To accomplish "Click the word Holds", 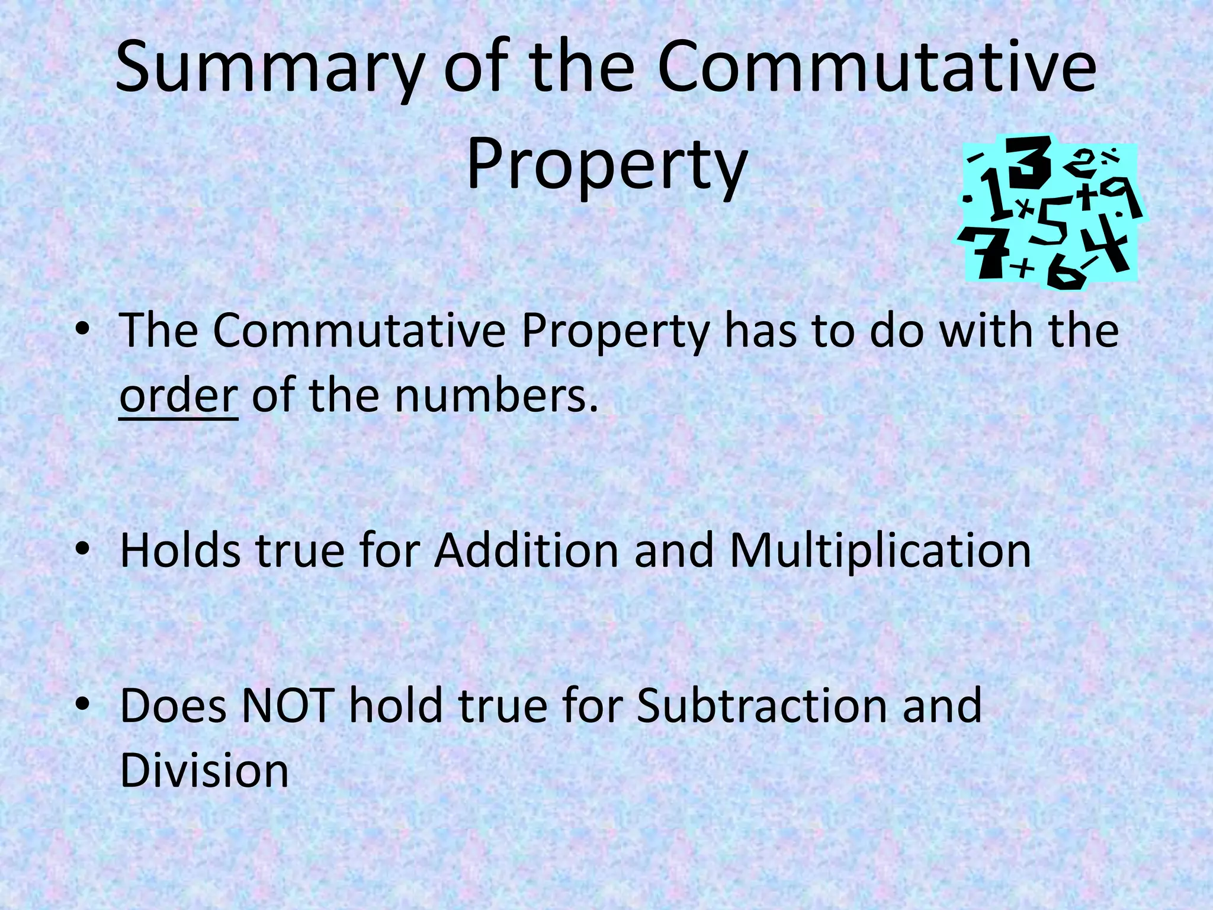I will [x=180, y=551].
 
